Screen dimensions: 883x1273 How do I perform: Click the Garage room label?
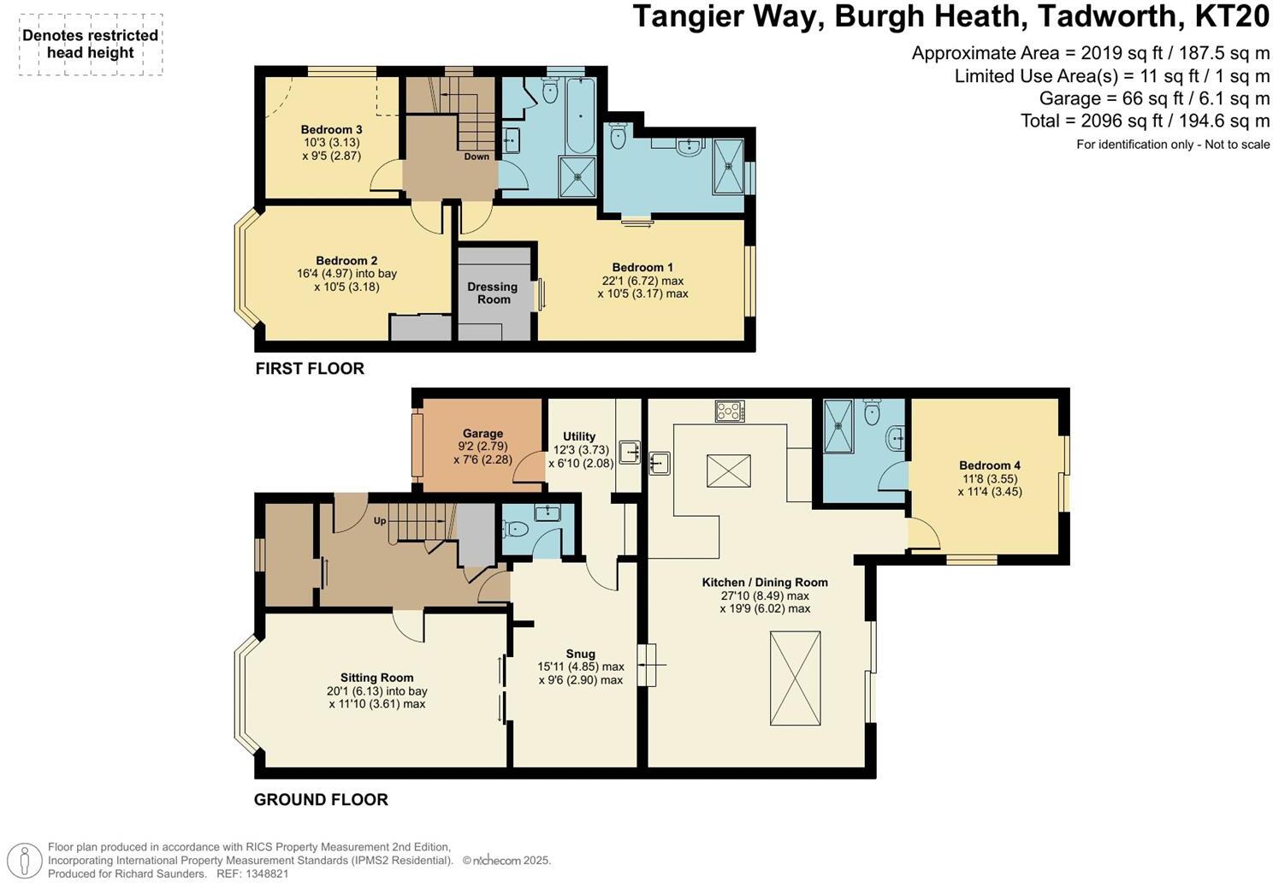click(483, 434)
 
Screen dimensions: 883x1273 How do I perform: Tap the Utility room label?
click(579, 436)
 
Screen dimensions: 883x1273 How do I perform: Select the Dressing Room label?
click(493, 293)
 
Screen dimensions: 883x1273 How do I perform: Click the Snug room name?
click(580, 654)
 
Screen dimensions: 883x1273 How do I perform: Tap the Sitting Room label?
click(376, 678)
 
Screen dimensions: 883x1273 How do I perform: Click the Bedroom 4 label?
click(989, 465)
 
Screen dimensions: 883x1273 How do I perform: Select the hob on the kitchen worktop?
click(730, 412)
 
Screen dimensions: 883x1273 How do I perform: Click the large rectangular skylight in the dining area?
click(796, 679)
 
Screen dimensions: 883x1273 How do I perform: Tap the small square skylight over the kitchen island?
click(729, 471)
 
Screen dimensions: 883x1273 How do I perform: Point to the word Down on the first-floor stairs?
click(477, 157)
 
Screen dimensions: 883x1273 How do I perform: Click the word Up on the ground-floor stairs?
click(380, 520)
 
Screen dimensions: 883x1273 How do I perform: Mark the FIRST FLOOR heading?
click(310, 369)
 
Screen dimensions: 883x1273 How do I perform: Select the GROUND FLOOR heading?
click(321, 800)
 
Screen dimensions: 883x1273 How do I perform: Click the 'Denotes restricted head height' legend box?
click(91, 44)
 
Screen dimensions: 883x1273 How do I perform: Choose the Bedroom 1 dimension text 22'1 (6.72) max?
click(642, 281)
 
